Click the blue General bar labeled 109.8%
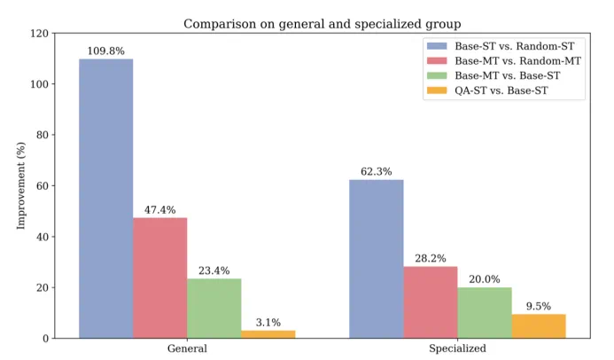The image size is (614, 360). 105,199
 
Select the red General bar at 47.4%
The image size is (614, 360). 159,278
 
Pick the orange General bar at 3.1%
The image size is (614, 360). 268,333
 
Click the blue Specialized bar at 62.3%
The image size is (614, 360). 376,259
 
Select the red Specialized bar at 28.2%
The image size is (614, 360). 430,301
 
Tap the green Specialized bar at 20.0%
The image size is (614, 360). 484,312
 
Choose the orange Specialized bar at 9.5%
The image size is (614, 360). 538,325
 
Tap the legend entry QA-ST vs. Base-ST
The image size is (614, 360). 501,90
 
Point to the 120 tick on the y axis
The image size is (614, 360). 39,34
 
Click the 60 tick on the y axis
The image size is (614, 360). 43,186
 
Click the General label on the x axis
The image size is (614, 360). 187,349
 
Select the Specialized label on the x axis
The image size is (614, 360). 457,349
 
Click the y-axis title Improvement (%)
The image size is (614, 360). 21,186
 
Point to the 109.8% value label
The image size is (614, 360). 105,51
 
